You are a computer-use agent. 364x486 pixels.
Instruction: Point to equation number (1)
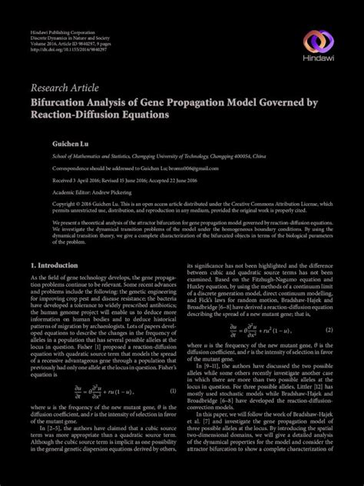tap(174, 391)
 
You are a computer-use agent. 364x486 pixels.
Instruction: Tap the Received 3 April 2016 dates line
tap(119, 181)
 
